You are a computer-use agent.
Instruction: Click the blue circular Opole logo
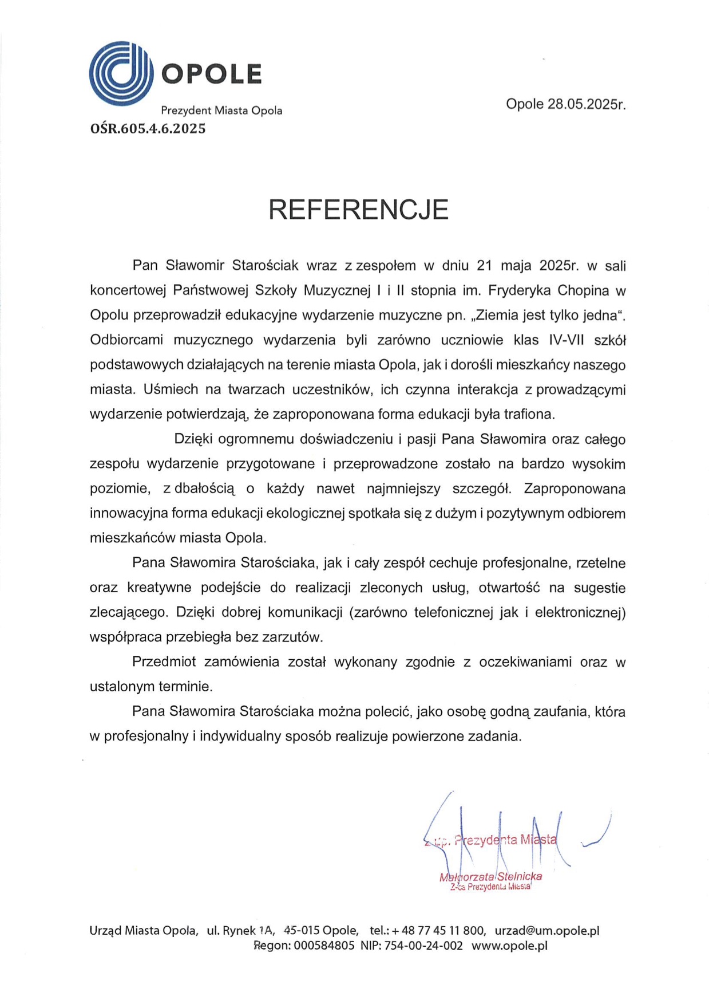(x=121, y=73)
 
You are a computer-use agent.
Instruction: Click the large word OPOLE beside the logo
(x=211, y=74)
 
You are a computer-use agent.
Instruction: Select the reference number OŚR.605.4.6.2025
(x=148, y=129)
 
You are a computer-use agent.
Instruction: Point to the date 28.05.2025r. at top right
(x=587, y=104)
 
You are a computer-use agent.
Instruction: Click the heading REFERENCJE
(x=358, y=210)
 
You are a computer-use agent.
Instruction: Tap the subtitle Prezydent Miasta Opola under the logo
(x=221, y=111)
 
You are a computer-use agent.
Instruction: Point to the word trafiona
(x=529, y=414)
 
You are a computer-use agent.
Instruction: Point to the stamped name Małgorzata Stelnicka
(x=490, y=876)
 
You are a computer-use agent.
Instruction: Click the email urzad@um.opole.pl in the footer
(x=546, y=931)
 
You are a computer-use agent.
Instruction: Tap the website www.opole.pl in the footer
(x=509, y=946)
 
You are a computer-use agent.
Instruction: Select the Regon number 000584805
(x=324, y=946)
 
